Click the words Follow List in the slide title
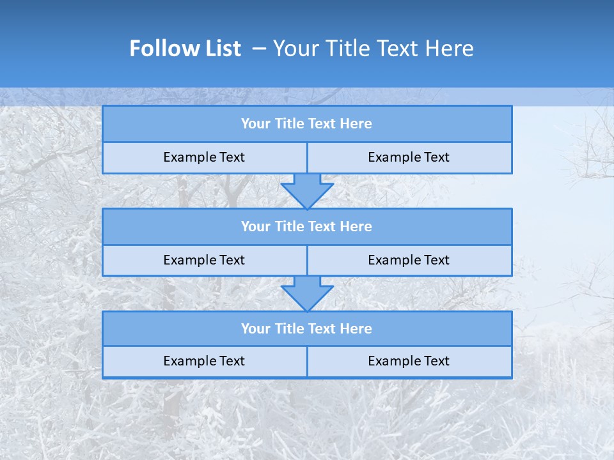[x=185, y=49]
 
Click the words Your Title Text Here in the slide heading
[x=373, y=49]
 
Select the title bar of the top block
[x=307, y=124]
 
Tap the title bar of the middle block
[x=307, y=227]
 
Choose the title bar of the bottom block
[x=307, y=329]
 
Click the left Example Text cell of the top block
[x=204, y=158]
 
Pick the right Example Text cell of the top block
[x=409, y=158]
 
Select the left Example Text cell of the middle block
[x=204, y=261]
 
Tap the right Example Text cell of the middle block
[x=409, y=261]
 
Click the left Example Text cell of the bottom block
[x=204, y=362]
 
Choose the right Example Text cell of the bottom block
[x=409, y=362]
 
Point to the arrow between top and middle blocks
[x=307, y=191]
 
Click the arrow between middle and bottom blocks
[x=307, y=294]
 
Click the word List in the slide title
[x=221, y=49]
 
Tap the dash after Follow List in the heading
[x=259, y=49]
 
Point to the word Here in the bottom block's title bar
[x=356, y=329]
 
